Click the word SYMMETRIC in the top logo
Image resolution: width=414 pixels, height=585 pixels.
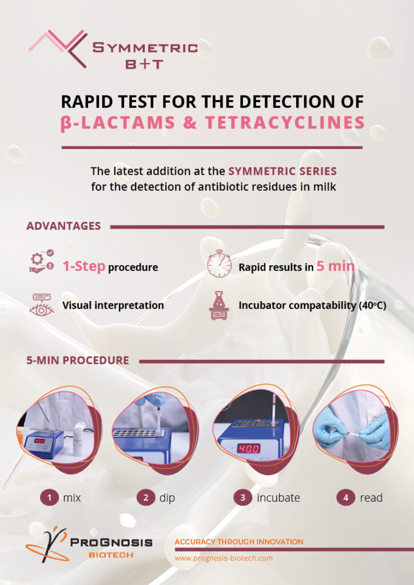[x=145, y=48]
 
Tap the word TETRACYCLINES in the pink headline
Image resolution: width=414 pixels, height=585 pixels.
[x=285, y=123]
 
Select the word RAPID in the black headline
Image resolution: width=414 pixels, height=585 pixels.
[x=86, y=102]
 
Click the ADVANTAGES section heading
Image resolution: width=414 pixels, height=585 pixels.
[x=63, y=226]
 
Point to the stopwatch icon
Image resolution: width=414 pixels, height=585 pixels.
[x=219, y=263]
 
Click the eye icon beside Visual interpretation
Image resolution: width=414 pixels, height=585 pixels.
[x=42, y=305]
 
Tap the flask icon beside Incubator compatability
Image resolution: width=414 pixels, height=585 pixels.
[x=219, y=306]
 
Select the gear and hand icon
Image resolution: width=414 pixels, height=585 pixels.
[x=42, y=261]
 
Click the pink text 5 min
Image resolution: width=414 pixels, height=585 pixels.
[x=335, y=266]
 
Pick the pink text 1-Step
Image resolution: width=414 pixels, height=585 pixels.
[x=84, y=266]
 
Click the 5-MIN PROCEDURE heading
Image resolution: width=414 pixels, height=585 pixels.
[x=78, y=360]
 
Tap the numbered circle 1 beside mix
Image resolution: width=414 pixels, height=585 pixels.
[x=49, y=498]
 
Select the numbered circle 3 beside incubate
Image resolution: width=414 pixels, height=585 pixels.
[x=242, y=498]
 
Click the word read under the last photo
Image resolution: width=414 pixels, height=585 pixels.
[x=371, y=498]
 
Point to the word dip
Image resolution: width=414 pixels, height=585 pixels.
[x=167, y=498]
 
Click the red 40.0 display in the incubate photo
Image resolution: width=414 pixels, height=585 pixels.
[x=249, y=448]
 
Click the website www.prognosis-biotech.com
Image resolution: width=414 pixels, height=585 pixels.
[x=224, y=559]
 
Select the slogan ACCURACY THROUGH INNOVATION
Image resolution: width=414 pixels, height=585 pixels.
[x=239, y=542]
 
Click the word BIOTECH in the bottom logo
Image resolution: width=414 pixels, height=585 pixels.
[x=111, y=555]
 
